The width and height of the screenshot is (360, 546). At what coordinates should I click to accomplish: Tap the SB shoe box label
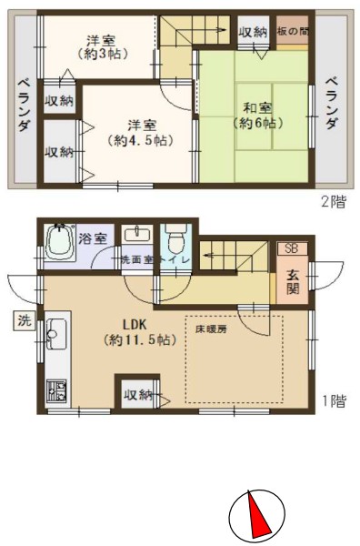[292, 248]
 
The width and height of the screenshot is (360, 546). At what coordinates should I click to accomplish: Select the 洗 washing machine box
[25, 320]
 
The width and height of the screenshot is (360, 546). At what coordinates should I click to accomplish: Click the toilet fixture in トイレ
[175, 240]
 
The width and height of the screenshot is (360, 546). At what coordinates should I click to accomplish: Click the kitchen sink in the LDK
[56, 334]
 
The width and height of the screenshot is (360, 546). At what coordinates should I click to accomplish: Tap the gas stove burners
[56, 391]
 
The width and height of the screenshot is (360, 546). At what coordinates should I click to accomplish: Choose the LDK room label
[135, 325]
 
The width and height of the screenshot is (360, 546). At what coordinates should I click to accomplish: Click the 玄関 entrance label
[293, 282]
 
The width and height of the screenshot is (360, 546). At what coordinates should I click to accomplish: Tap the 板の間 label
[293, 31]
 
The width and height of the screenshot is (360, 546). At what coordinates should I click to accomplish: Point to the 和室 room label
[257, 108]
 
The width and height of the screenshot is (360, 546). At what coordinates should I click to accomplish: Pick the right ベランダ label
[332, 103]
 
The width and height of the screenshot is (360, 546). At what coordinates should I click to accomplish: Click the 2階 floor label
[334, 202]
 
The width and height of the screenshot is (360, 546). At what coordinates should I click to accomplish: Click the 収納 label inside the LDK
[139, 395]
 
